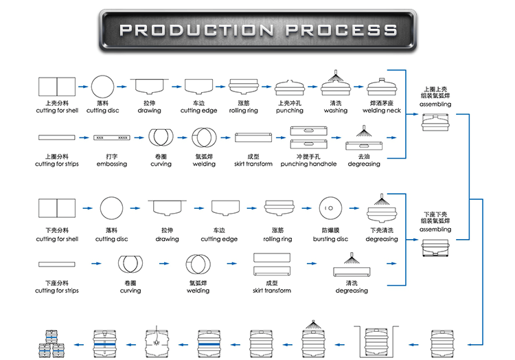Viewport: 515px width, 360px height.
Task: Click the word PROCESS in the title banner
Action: click(341, 30)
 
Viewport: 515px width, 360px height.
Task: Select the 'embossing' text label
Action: click(111, 164)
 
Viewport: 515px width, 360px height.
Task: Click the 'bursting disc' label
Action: click(330, 239)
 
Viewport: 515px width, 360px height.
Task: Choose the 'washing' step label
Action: click(336, 111)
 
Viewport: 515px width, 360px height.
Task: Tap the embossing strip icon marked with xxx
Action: click(111, 137)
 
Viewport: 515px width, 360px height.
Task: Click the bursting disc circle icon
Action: click(330, 207)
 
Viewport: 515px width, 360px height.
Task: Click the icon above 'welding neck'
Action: click(383, 87)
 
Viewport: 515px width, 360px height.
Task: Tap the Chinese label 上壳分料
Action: click(56, 103)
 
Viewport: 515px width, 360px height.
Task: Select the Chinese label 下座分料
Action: click(56, 283)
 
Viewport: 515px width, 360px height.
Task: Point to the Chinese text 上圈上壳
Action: click(435, 89)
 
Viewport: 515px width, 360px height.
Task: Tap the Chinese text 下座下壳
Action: click(435, 214)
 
